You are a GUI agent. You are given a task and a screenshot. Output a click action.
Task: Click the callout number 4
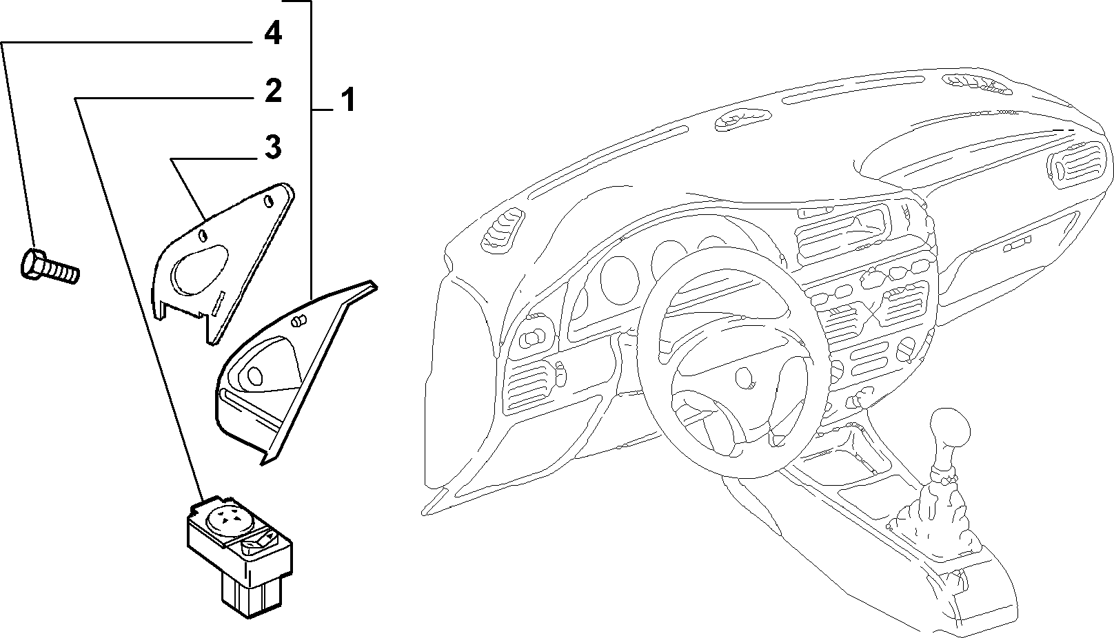tap(273, 34)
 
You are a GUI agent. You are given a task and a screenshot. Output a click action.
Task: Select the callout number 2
tap(273, 91)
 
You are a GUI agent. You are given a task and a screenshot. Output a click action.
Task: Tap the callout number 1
tap(348, 99)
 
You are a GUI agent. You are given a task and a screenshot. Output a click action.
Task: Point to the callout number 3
tap(273, 147)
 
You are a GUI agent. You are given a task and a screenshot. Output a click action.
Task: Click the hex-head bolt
tap(50, 267)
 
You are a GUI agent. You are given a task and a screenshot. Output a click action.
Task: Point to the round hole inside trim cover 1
tap(255, 376)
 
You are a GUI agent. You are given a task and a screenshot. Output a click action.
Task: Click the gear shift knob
tap(949, 431)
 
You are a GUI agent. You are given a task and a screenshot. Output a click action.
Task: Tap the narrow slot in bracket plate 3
tap(219, 302)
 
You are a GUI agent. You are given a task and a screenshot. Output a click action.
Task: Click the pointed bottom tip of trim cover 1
tap(263, 464)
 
